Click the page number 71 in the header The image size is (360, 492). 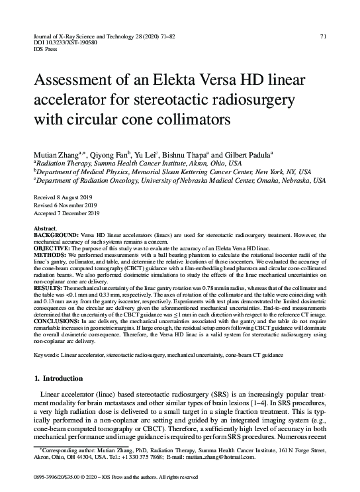[322, 36]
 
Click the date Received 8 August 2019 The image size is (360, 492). [64, 198]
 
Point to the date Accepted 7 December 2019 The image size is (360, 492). [67, 214]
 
